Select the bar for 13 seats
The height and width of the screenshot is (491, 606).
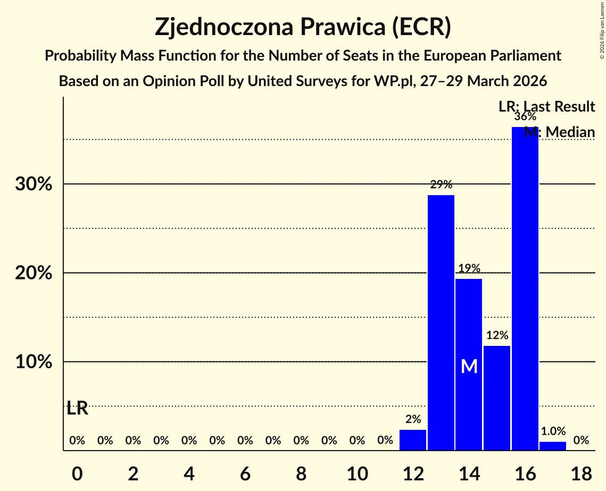click(441, 323)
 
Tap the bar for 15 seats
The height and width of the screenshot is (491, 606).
click(497, 398)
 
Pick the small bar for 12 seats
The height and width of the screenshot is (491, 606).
click(413, 440)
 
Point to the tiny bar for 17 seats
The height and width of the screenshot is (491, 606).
click(553, 446)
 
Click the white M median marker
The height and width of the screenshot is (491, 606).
click(469, 366)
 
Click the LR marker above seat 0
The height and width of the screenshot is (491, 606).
click(78, 409)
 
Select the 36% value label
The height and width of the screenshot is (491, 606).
click(525, 116)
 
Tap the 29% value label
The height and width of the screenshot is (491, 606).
click(441, 185)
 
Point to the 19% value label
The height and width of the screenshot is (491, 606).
click(469, 268)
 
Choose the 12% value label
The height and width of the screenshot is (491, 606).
click(497, 335)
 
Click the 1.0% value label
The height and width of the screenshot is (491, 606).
click(553, 431)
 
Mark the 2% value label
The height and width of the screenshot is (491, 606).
click(413, 419)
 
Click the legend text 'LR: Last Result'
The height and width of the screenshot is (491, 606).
click(546, 107)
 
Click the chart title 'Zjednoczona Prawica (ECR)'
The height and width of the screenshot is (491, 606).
click(303, 27)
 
